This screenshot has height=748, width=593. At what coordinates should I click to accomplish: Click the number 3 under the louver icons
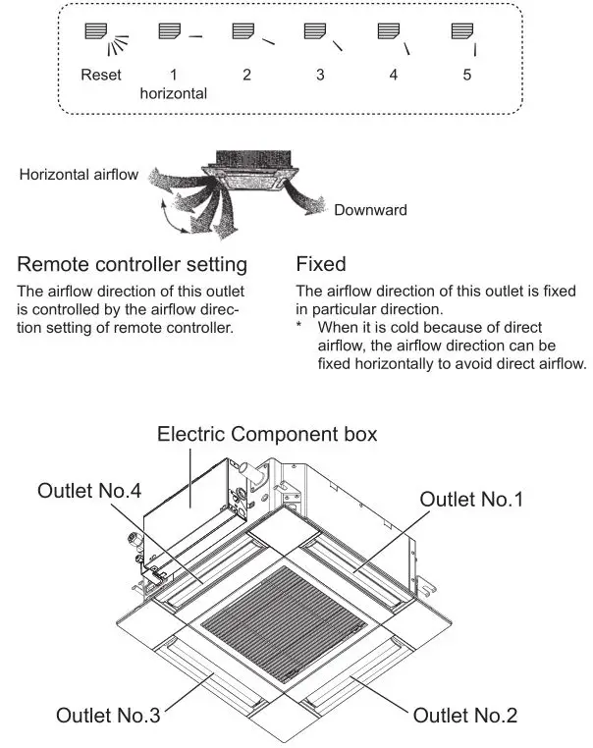(320, 75)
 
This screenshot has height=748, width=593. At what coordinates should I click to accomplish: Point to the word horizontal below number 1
(174, 93)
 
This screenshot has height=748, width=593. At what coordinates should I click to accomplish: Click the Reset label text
(101, 75)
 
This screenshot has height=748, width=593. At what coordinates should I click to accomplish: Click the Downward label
(370, 210)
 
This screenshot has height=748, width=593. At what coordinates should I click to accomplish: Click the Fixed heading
(321, 265)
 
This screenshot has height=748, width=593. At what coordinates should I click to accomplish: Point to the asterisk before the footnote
(300, 327)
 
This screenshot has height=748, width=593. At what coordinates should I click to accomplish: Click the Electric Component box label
(267, 434)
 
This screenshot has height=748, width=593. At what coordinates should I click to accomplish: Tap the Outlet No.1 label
(472, 500)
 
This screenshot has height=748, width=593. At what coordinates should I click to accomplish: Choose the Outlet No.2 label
(465, 715)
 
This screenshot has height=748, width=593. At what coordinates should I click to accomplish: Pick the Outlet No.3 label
(108, 715)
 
